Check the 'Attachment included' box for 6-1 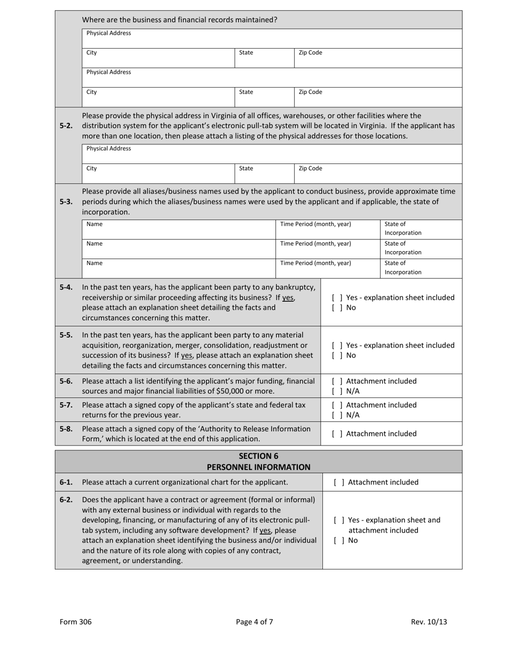337,482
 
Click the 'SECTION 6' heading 258,456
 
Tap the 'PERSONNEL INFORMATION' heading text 258,467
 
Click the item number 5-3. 66,202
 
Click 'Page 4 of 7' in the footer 255,622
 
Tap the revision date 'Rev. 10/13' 429,622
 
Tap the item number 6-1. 66,482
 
